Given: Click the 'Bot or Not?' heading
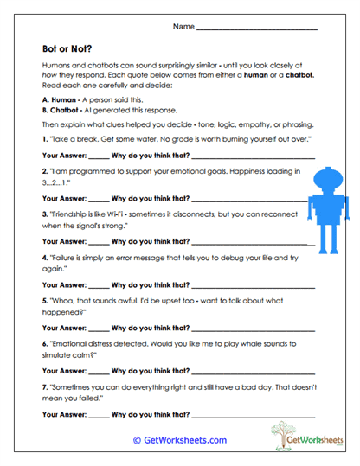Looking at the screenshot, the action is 68,49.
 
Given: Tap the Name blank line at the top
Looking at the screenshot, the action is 257,29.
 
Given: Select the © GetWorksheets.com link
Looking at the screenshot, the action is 180,440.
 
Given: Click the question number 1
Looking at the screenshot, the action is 44,138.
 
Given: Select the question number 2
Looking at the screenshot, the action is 44,173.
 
